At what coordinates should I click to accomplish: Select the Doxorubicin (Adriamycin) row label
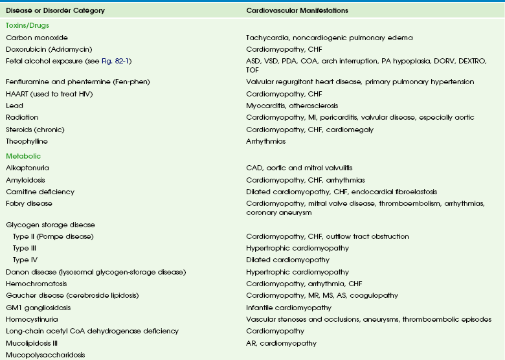45,49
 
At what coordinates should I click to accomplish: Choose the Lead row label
14,105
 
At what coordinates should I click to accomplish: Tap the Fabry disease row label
29,203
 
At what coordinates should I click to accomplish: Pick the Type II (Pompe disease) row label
53,236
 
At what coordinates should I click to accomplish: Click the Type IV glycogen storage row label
25,260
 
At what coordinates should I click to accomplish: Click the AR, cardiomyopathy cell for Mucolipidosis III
282,343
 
